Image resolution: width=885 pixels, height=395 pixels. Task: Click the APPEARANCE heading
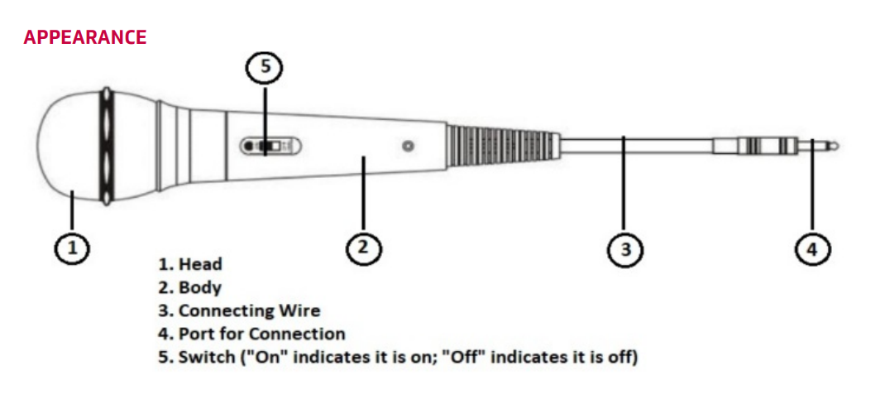(x=85, y=37)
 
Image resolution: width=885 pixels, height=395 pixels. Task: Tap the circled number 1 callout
(x=72, y=248)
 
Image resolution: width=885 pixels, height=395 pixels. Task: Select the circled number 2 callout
(x=364, y=248)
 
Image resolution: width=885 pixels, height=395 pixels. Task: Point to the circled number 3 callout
(x=625, y=248)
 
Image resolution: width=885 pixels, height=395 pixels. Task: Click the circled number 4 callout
(x=812, y=248)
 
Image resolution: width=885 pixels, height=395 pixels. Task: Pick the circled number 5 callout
(x=265, y=68)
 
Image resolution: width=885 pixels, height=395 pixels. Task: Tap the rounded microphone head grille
(x=68, y=146)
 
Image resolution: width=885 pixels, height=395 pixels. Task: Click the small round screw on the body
(x=406, y=147)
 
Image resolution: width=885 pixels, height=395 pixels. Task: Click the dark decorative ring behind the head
(x=105, y=146)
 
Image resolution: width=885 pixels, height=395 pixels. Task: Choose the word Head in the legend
(x=201, y=265)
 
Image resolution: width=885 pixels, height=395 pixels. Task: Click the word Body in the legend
(x=200, y=288)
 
